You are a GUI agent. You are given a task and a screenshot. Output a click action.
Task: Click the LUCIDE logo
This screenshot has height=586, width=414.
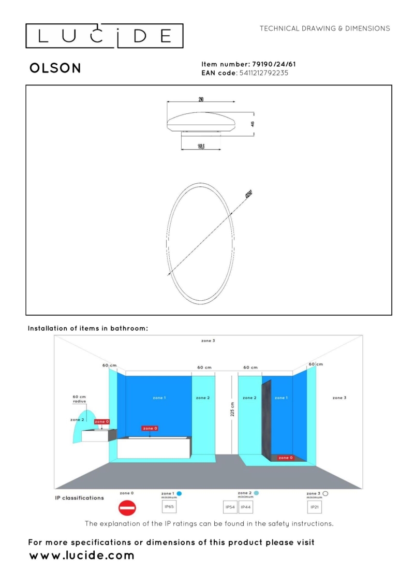point(105,36)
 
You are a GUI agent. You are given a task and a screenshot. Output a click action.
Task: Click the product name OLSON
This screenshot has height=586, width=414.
point(55,68)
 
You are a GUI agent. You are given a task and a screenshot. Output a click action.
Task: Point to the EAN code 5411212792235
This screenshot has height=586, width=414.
point(264,73)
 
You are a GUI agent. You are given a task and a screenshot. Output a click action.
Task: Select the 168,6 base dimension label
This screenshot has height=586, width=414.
point(201,146)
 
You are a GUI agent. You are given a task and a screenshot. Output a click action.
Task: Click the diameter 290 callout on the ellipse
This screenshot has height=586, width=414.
point(249,195)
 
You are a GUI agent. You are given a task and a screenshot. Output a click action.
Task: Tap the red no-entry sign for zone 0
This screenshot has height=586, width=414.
point(127,508)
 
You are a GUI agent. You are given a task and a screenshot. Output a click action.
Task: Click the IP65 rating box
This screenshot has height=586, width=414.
point(169,507)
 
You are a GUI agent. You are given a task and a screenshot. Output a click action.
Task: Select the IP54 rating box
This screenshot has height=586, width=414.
point(230,507)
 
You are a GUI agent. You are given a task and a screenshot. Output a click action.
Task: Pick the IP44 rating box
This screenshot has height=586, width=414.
point(246,507)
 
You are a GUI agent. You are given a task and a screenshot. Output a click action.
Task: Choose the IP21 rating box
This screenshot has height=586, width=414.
point(315,507)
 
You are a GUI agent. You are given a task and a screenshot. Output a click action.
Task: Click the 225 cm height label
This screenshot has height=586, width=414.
point(232,409)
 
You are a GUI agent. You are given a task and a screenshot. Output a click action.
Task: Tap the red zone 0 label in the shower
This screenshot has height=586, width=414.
point(285,458)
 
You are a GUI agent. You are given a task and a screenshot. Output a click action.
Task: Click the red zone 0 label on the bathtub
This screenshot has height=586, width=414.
point(150,428)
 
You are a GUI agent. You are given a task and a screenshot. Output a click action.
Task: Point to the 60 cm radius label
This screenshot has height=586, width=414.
point(79,400)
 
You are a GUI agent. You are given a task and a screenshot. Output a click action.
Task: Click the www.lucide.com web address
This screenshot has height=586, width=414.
point(82,556)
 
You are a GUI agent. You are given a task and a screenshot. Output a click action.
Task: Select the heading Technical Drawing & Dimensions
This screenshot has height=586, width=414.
point(324,28)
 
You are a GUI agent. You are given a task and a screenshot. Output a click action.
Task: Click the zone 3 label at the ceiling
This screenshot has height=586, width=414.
point(208,341)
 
